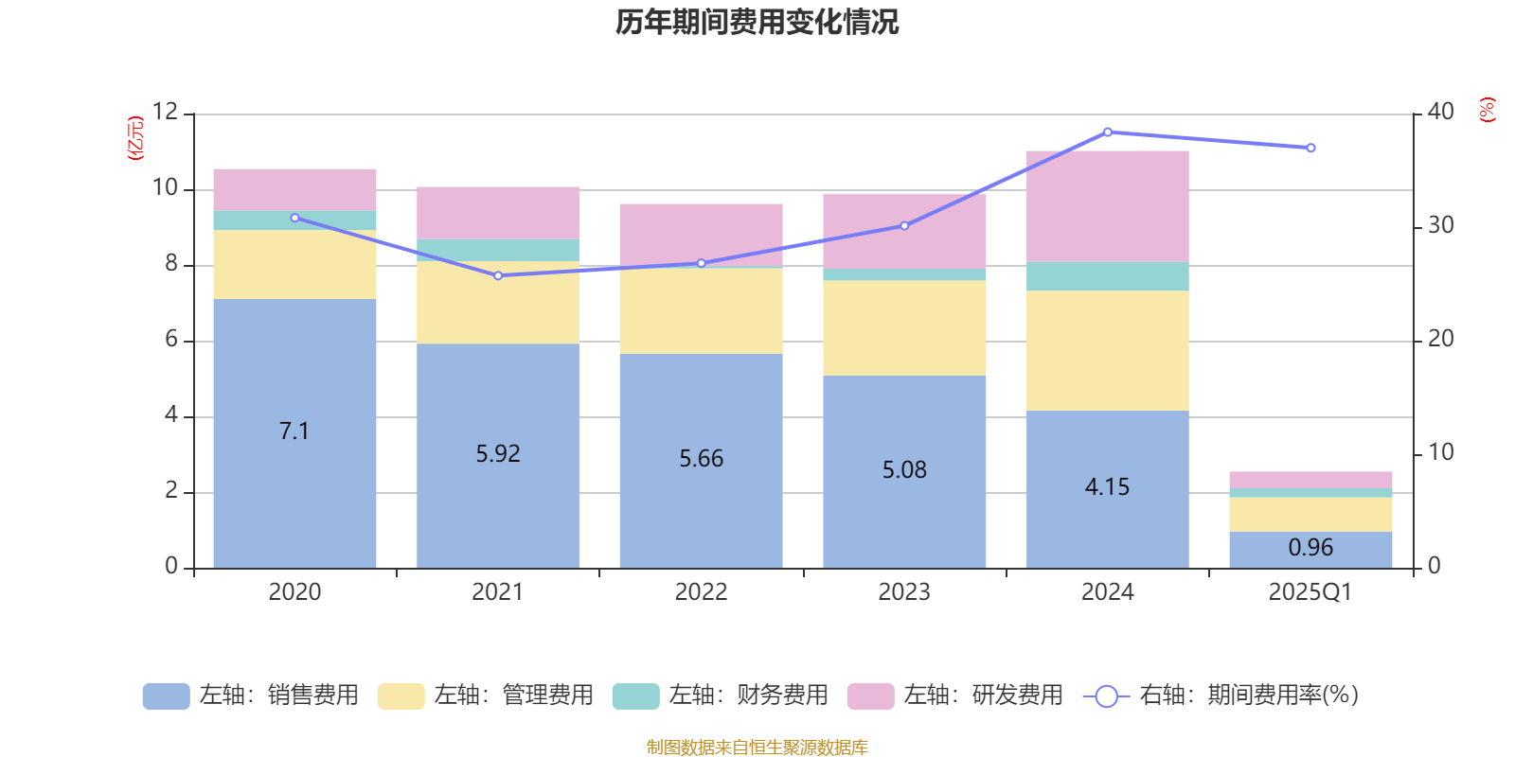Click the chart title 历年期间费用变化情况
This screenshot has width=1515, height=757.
click(x=757, y=22)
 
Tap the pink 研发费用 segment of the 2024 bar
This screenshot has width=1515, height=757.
click(x=1107, y=205)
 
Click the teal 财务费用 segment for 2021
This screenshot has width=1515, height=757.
click(x=498, y=250)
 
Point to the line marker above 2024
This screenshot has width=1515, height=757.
click(x=1108, y=132)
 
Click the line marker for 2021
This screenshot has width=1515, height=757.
click(x=498, y=275)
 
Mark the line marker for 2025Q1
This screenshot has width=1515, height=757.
click(x=1310, y=148)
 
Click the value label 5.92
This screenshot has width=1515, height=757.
click(x=498, y=454)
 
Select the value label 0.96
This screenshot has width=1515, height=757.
click(x=1310, y=548)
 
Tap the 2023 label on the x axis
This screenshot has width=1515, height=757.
click(x=904, y=592)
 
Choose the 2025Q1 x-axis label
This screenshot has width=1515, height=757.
click(x=1310, y=592)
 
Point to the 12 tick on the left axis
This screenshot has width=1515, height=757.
click(x=165, y=112)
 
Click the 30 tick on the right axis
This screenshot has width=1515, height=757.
click(x=1440, y=225)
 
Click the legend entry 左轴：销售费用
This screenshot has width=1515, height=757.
click(x=252, y=695)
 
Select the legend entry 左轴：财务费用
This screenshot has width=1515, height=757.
click(x=722, y=695)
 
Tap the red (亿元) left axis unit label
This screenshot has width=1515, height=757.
click(x=135, y=138)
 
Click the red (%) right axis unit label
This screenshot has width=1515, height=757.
click(x=1487, y=110)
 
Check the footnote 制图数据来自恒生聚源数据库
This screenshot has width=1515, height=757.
click(x=757, y=748)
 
